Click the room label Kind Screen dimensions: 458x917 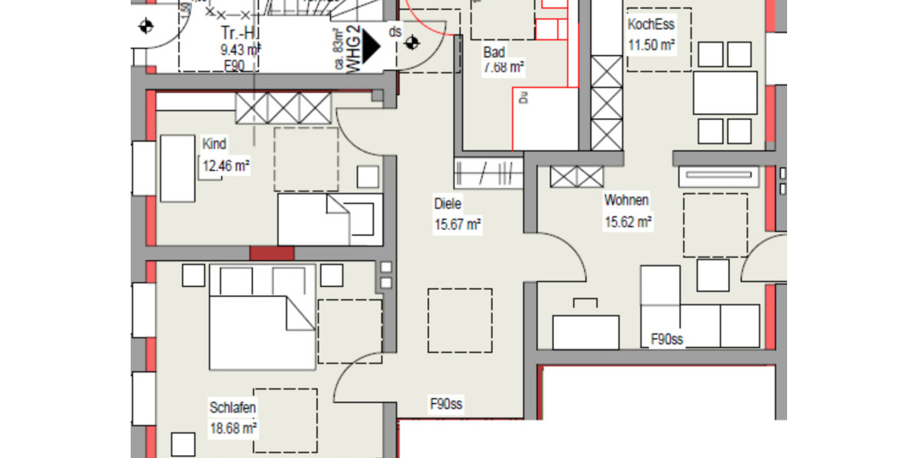pyautogui.click(x=214, y=144)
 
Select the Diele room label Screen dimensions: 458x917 pyautogui.click(x=449, y=204)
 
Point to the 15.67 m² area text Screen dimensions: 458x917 pyautogui.click(x=457, y=224)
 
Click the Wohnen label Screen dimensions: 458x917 pyautogui.click(x=627, y=201)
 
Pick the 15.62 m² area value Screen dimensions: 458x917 pyautogui.click(x=628, y=222)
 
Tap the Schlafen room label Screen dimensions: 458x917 pyautogui.click(x=232, y=408)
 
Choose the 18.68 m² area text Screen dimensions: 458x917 pyautogui.click(x=232, y=428)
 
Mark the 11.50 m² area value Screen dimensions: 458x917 pyautogui.click(x=651, y=45)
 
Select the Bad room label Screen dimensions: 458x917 pyautogui.click(x=494, y=52)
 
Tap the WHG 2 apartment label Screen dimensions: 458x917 pyautogui.click(x=354, y=49)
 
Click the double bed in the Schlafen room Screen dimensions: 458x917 pyautogui.click(x=262, y=317)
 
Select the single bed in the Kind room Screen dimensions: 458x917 pyautogui.click(x=329, y=219)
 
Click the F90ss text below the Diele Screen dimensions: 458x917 pyautogui.click(x=448, y=404)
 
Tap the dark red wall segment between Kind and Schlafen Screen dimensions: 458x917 pyautogui.click(x=271, y=253)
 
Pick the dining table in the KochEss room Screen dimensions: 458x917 pyautogui.click(x=725, y=92)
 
